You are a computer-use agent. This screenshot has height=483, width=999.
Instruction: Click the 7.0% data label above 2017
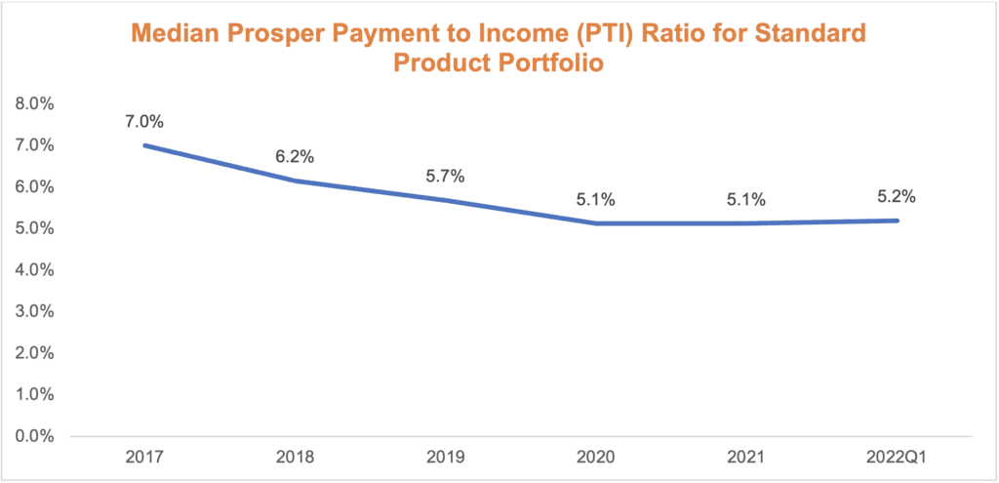[x=143, y=122]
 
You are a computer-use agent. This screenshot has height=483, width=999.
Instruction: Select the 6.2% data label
[x=294, y=156]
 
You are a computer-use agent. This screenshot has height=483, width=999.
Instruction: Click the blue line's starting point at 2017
[x=144, y=145]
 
